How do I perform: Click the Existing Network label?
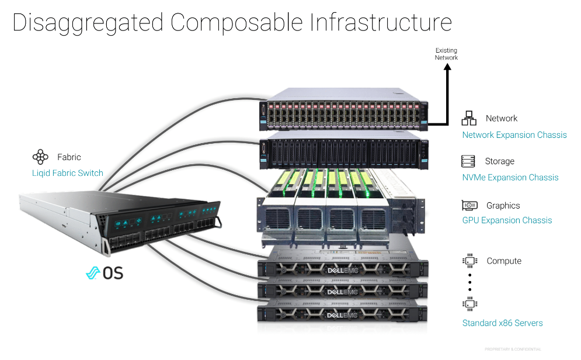(446, 54)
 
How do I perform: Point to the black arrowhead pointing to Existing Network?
(447, 67)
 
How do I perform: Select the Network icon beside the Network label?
(469, 118)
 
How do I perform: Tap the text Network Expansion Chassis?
(514, 135)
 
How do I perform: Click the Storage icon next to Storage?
(468, 161)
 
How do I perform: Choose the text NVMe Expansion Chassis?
(510, 178)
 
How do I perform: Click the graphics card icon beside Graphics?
(469, 206)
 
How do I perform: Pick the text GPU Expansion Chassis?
(507, 220)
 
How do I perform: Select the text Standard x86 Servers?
(502, 323)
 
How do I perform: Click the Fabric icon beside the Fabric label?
(40, 157)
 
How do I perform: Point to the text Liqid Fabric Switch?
(67, 173)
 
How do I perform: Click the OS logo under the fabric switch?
(105, 272)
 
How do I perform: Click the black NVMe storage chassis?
(345, 150)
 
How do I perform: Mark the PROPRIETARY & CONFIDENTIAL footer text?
(512, 349)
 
